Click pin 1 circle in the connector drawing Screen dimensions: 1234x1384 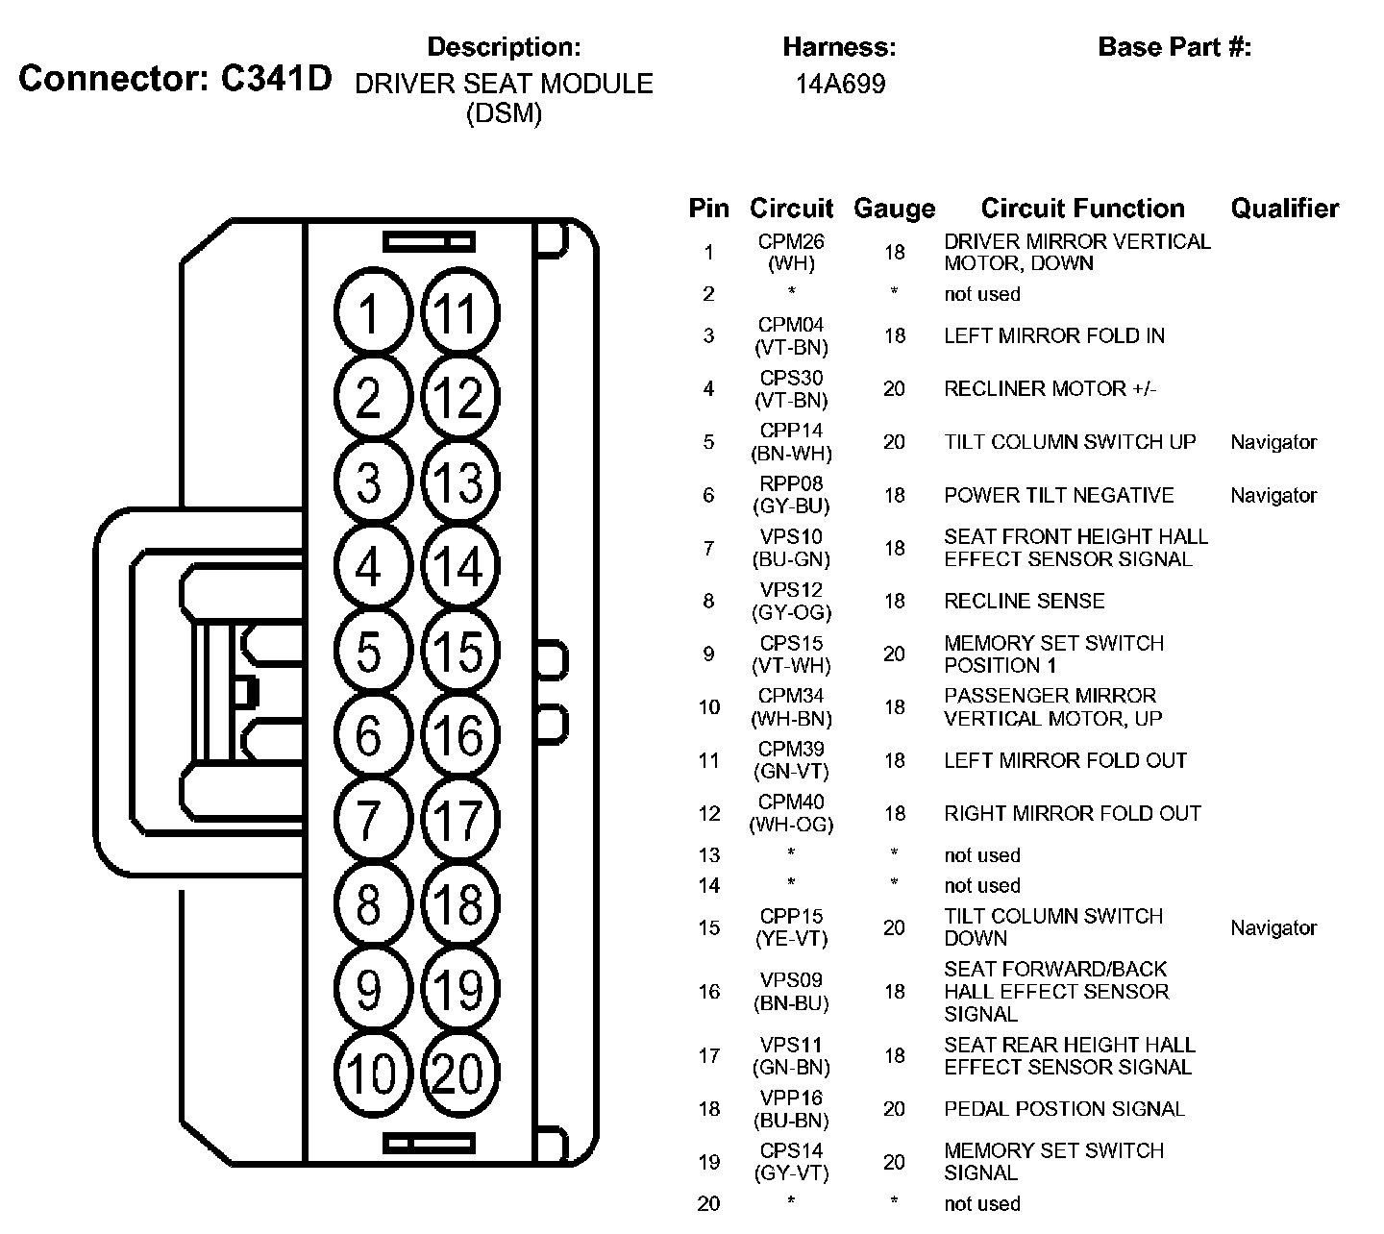coord(370,312)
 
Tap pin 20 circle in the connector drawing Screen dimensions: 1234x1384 coord(458,1073)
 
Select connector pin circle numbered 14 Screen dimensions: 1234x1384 coord(458,566)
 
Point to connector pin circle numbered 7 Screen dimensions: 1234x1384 coord(370,820)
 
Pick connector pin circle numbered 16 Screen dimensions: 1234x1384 coord(458,735)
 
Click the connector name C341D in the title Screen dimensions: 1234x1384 coord(276,79)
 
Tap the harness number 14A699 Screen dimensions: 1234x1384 coord(840,85)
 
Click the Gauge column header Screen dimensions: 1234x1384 coord(894,209)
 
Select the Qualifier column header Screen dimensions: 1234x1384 coord(1284,209)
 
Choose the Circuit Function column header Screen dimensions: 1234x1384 coord(1082,209)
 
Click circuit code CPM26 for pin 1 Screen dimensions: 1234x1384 coord(791,242)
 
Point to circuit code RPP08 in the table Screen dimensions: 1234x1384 coord(791,484)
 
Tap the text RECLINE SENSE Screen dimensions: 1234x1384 coord(1024,602)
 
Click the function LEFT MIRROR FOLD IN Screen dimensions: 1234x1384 coord(1053,336)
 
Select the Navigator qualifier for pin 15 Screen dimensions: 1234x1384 coord(1273,928)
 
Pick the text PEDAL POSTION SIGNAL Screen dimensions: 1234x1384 coord(1064,1109)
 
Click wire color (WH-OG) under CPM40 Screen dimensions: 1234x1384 coord(791,825)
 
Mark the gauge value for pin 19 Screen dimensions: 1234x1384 coord(894,1162)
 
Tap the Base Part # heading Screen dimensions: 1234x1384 coord(1174,47)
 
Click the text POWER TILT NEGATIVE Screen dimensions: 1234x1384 coord(1058,496)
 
